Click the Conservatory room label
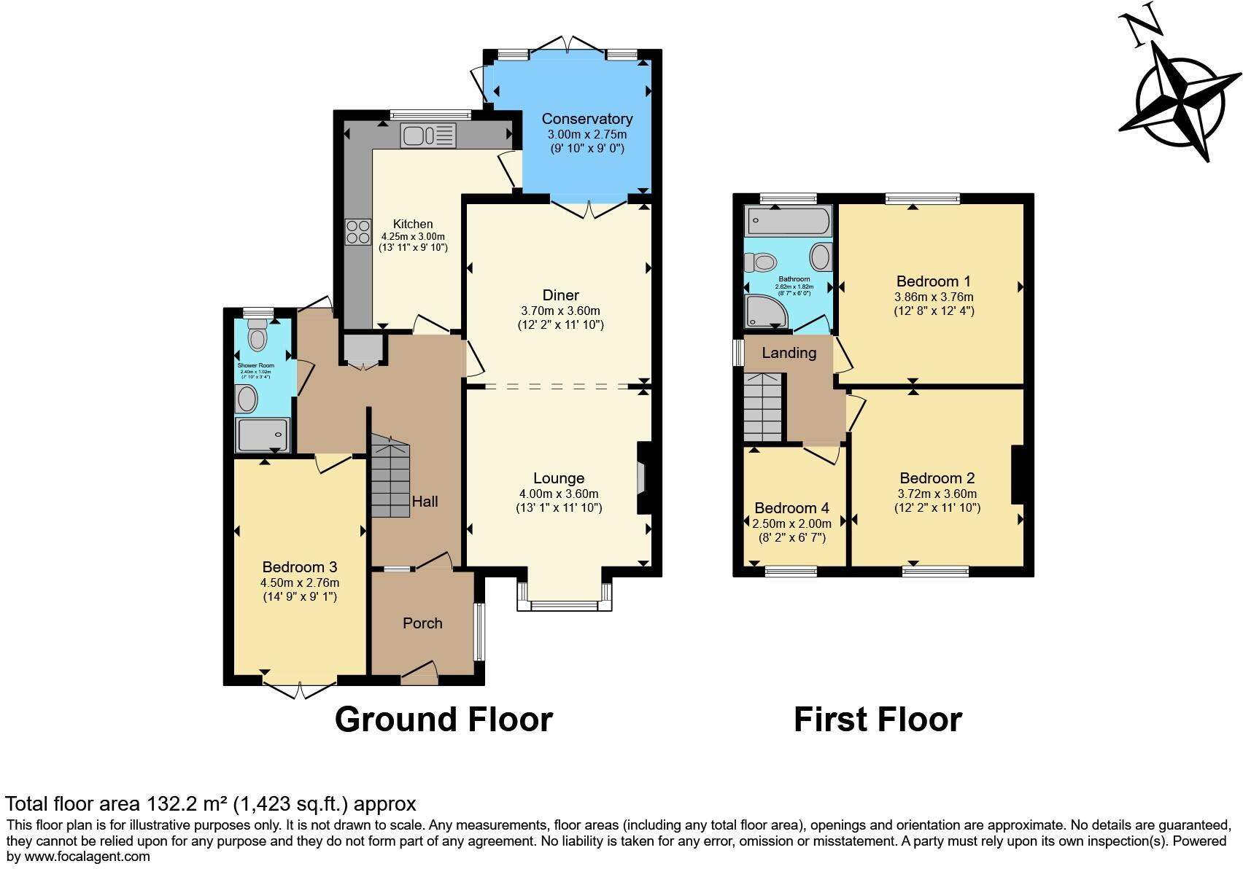pyautogui.click(x=586, y=119)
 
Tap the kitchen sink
pyautogui.click(x=428, y=136)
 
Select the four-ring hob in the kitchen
pyautogui.click(x=358, y=232)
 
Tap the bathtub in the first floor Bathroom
pyautogui.click(x=788, y=221)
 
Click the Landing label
pyautogui.click(x=789, y=353)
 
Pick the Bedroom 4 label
pyautogui.click(x=791, y=508)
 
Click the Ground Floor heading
pyautogui.click(x=444, y=720)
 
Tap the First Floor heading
pyautogui.click(x=878, y=720)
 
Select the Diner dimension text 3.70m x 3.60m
pyautogui.click(x=560, y=311)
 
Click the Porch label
pyautogui.click(x=422, y=623)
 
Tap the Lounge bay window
pyautogui.click(x=564, y=604)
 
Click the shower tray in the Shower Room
pyautogui.click(x=263, y=435)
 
